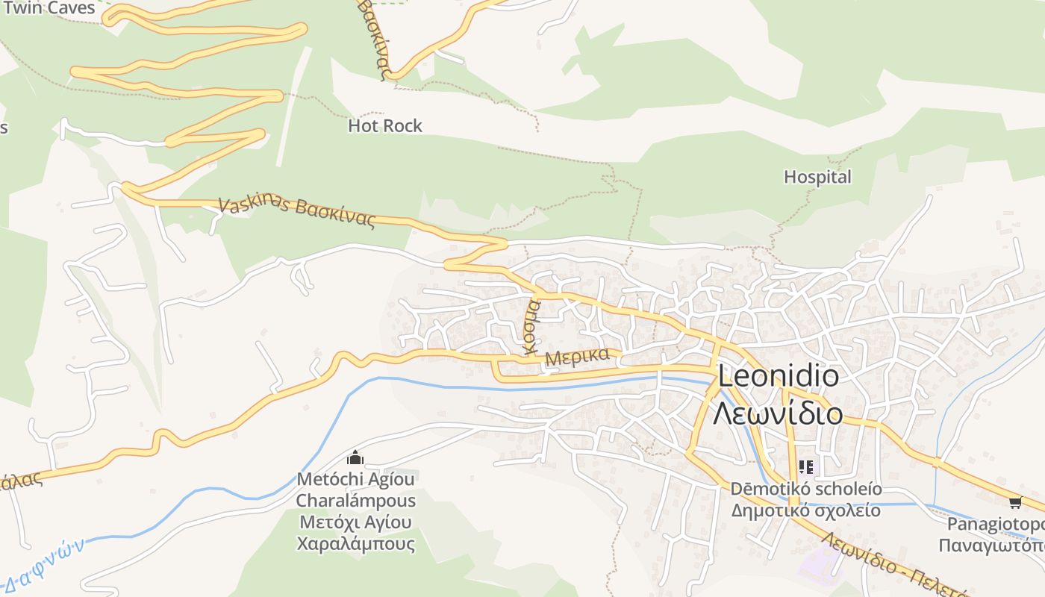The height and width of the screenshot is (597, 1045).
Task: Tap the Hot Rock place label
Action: click(385, 125)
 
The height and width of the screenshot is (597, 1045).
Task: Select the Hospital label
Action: click(817, 177)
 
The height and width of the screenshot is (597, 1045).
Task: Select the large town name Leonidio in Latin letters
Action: click(778, 376)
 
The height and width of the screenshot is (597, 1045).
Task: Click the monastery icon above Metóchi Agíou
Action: click(355, 457)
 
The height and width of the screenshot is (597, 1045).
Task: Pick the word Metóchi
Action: click(325, 478)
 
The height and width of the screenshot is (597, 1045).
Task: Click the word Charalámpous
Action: click(355, 500)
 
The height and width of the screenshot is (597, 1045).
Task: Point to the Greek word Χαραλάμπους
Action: click(355, 543)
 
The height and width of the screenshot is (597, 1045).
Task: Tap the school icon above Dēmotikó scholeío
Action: click(805, 467)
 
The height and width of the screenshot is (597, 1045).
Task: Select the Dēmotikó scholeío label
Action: click(805, 489)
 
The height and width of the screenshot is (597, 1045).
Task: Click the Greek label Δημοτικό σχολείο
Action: click(805, 510)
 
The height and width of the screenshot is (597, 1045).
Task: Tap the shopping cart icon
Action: click(1014, 502)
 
